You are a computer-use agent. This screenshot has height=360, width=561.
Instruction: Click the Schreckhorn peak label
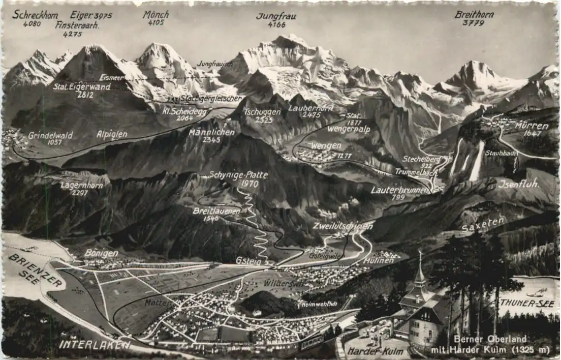point(35,14)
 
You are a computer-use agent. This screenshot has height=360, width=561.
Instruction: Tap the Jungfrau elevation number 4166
point(276,24)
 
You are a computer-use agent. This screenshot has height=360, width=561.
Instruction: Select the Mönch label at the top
point(155,14)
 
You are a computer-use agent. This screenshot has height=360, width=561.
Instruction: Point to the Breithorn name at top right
point(474,14)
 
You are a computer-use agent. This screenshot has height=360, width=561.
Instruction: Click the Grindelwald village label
point(50,135)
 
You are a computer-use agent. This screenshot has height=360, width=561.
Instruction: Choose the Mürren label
point(532,126)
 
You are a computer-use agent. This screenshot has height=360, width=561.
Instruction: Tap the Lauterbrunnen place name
point(400,190)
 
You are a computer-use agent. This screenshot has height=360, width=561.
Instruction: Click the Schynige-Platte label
point(238,175)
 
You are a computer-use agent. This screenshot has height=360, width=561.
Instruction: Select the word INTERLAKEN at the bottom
point(94,344)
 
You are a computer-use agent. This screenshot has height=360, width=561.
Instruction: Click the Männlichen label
point(204,132)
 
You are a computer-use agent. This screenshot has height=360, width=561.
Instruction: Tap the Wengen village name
point(326,146)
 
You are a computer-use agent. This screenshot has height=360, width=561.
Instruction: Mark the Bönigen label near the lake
point(101,253)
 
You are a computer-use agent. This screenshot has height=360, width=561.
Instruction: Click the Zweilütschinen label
point(342,226)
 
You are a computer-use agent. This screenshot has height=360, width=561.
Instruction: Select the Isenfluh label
point(518,184)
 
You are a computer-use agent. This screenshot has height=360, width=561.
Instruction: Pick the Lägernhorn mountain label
point(81,186)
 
